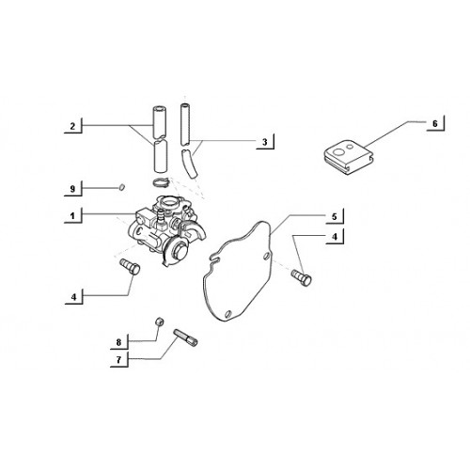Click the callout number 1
coord(72,216)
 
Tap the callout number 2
coord(72,126)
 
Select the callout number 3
coord(265,142)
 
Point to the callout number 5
coord(335,216)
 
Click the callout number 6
coord(435,124)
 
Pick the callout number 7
coord(118,360)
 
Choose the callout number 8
coord(118,342)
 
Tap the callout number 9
coord(72,189)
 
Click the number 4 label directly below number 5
coord(335,237)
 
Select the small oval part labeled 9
coord(122,187)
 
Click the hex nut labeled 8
coord(160,321)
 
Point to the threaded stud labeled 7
coord(185,337)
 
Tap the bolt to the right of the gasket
coord(302,277)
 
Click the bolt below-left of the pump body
coord(130,267)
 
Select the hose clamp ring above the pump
coord(161,181)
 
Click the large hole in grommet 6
coord(339,152)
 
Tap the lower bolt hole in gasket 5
coord(228,313)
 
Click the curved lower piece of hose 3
coord(190,164)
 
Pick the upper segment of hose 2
coord(160,122)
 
